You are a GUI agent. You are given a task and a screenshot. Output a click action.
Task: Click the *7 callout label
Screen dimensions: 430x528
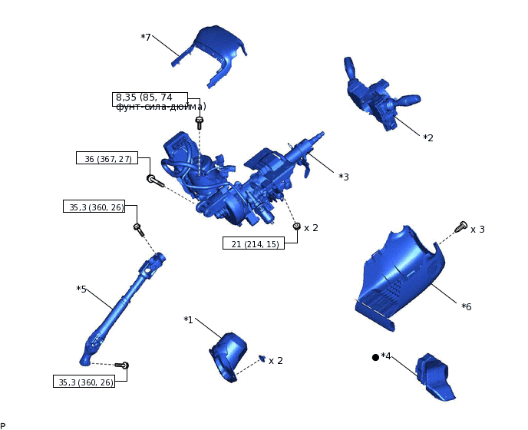click(x=146, y=37)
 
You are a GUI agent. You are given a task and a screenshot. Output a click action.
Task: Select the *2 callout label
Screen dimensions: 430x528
click(x=428, y=137)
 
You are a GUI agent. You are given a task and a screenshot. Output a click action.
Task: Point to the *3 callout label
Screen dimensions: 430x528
click(x=344, y=177)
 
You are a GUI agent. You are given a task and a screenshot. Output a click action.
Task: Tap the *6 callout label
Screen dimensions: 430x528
click(x=467, y=306)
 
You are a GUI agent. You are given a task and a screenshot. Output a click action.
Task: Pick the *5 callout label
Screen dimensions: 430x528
click(x=81, y=289)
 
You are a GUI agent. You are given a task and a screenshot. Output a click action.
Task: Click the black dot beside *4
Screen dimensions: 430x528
click(x=375, y=357)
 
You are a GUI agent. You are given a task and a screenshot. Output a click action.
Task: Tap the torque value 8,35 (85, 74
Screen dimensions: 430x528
click(x=144, y=98)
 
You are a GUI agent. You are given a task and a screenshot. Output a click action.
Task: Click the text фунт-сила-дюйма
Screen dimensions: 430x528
click(x=160, y=107)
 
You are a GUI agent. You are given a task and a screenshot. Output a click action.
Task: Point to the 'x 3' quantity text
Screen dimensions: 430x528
click(x=477, y=229)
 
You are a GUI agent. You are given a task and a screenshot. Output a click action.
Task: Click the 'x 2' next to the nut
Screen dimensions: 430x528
click(x=311, y=227)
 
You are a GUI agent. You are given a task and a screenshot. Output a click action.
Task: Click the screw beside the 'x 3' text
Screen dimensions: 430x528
click(x=461, y=226)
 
